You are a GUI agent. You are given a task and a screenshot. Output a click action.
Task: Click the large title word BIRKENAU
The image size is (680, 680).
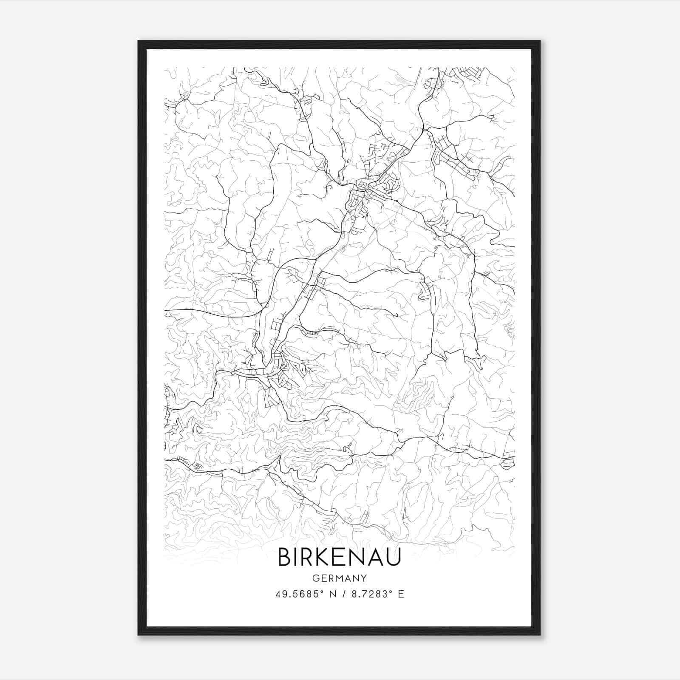339,557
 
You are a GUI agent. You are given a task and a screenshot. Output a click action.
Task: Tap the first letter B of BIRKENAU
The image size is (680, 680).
284,557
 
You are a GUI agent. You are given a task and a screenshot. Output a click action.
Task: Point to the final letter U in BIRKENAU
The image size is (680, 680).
394,557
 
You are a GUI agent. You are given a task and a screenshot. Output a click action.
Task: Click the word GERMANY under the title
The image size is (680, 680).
339,578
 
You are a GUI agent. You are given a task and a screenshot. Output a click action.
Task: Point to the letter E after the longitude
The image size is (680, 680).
401,594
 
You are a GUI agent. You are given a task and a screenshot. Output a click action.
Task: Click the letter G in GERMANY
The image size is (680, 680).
315,578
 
